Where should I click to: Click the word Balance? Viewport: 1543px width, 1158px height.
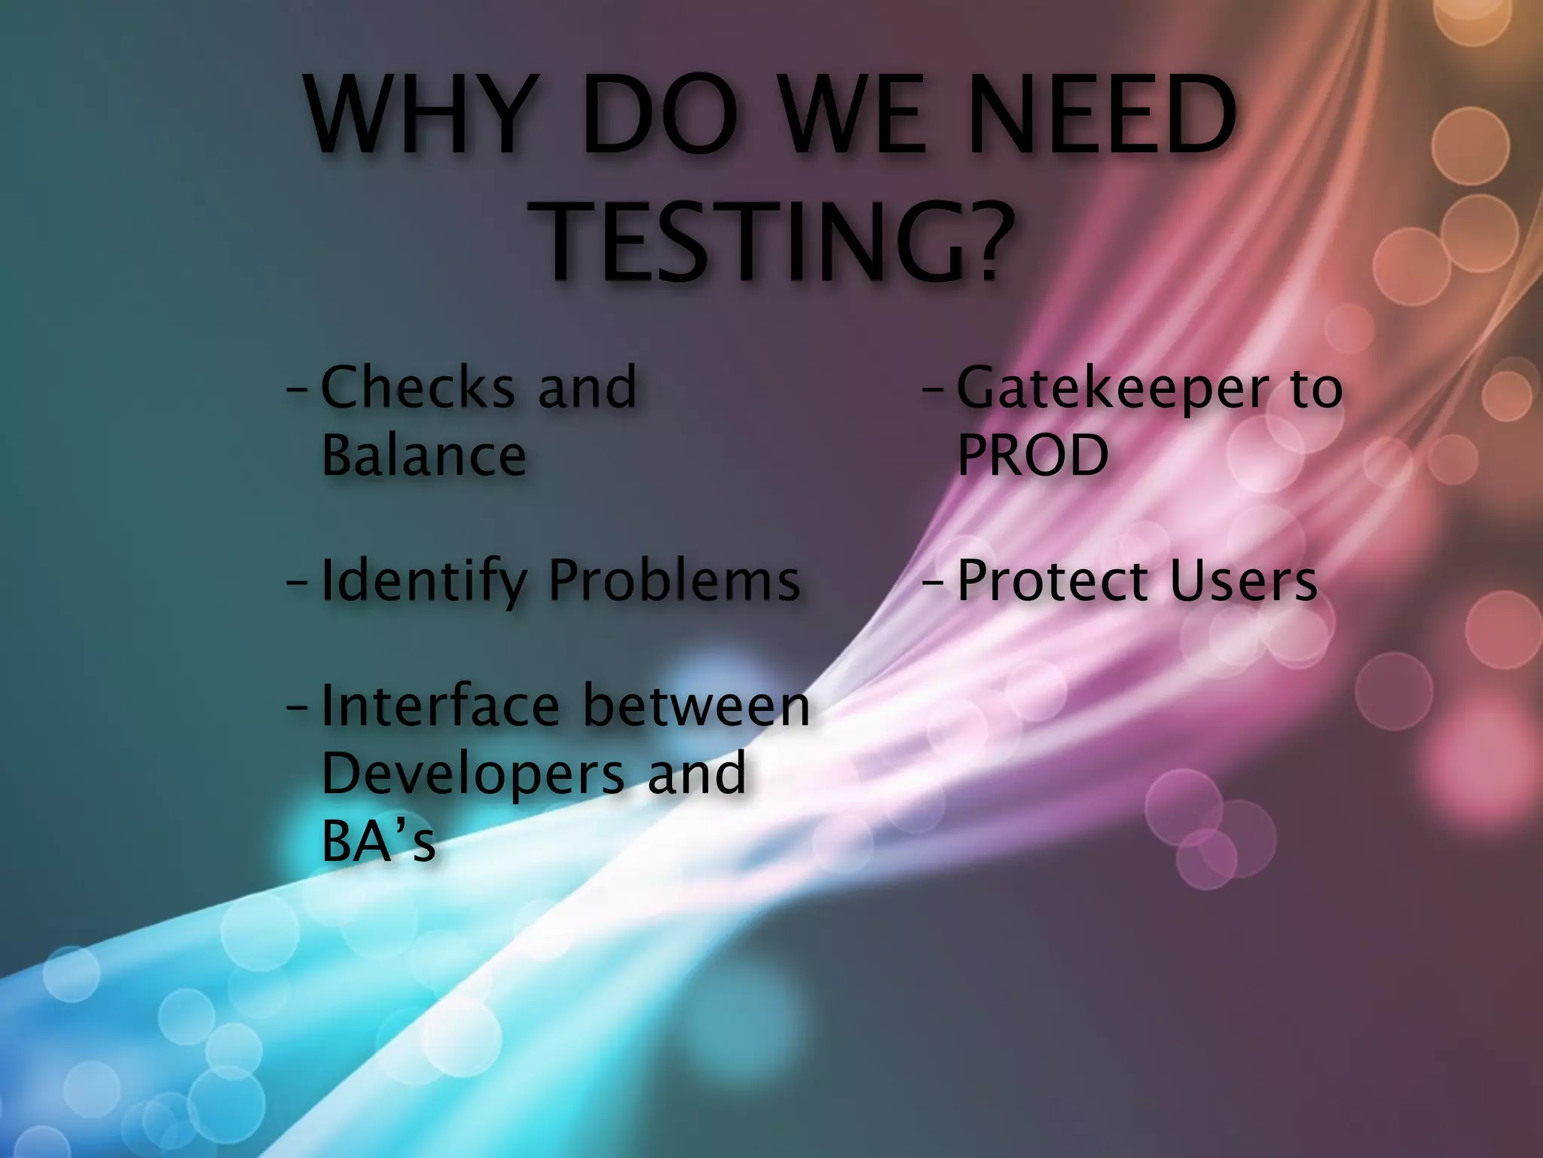[423, 455]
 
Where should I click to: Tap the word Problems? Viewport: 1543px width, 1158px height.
[674, 581]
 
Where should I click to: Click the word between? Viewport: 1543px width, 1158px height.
[696, 706]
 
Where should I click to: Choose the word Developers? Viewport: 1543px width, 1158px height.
[473, 774]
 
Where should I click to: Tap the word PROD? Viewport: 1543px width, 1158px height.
[1032, 455]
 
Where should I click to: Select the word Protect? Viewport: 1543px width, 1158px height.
[1052, 581]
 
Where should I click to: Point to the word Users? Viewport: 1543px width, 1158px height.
[1243, 581]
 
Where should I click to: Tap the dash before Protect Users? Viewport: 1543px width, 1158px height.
[933, 584]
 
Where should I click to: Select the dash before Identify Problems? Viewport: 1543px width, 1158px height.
[297, 584]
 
